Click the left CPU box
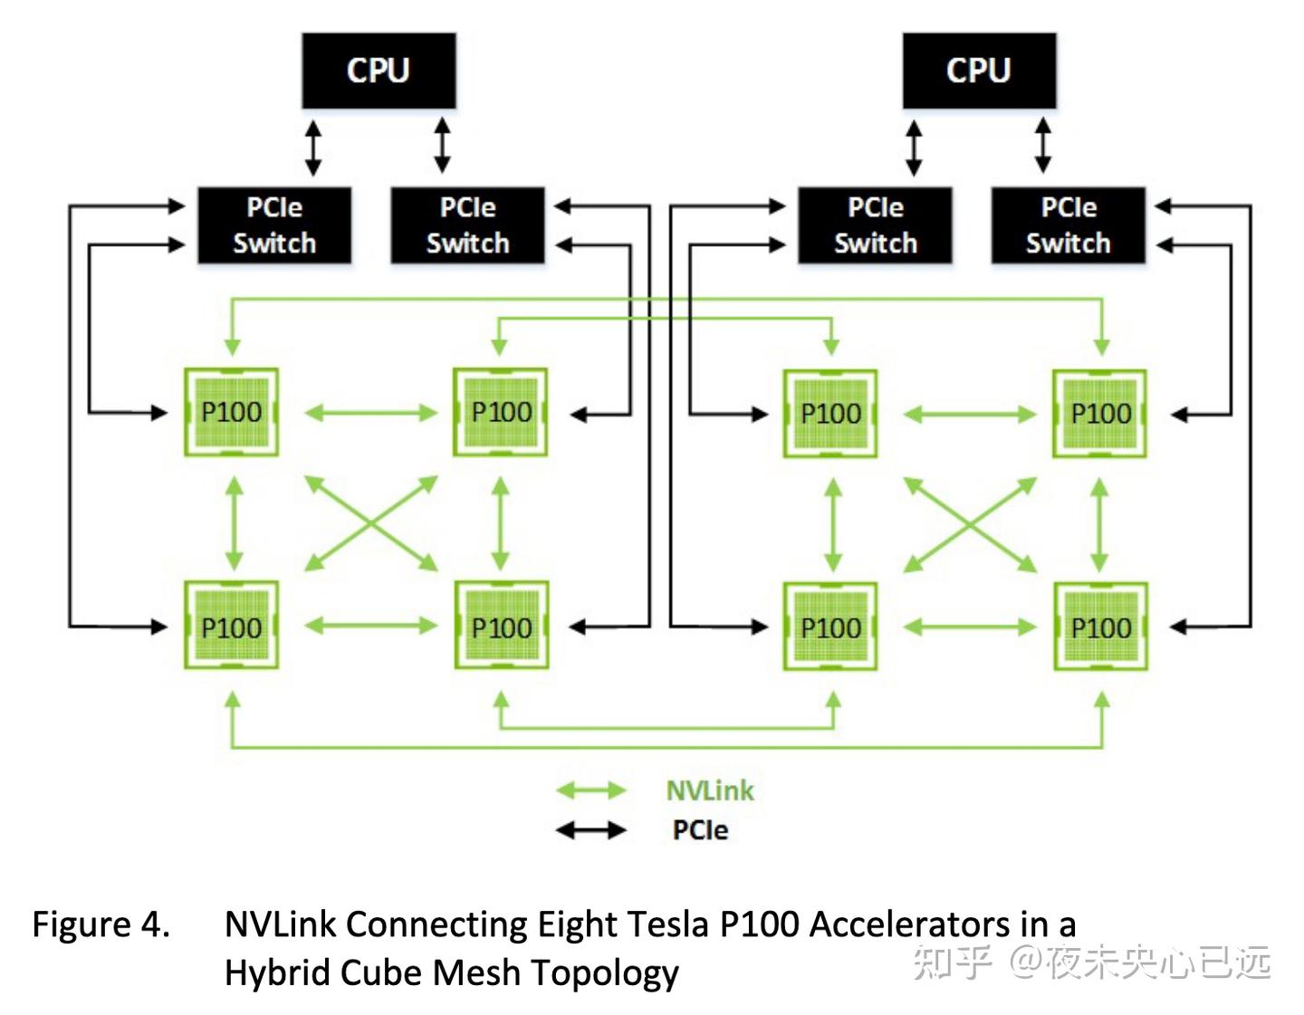pos(379,71)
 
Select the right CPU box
pos(979,71)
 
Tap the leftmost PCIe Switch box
pos(274,225)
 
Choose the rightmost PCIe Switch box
pos(1069,225)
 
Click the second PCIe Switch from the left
pos(467,225)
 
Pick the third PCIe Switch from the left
pos(875,225)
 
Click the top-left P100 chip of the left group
pos(231,412)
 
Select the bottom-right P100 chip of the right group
pos(1101,627)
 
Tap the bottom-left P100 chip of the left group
pos(231,627)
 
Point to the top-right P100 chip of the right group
pos(1100,414)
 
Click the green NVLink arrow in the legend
pos(590,790)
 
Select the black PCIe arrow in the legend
pos(590,829)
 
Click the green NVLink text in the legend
pos(710,790)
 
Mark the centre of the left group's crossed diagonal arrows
pos(371,523)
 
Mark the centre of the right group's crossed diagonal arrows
pos(970,524)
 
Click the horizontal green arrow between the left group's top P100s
pos(371,414)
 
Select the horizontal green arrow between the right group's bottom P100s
pos(970,627)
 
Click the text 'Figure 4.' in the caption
pos(101,924)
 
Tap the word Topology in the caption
pos(605,973)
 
